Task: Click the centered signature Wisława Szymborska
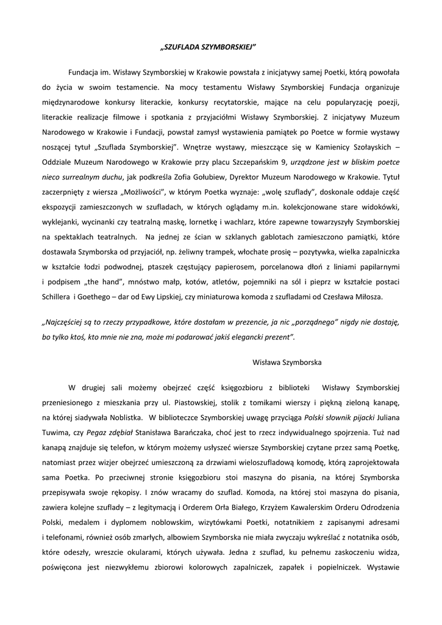[x=287, y=362]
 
